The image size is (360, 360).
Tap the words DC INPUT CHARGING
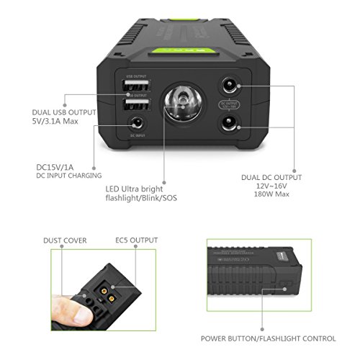click(68, 176)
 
